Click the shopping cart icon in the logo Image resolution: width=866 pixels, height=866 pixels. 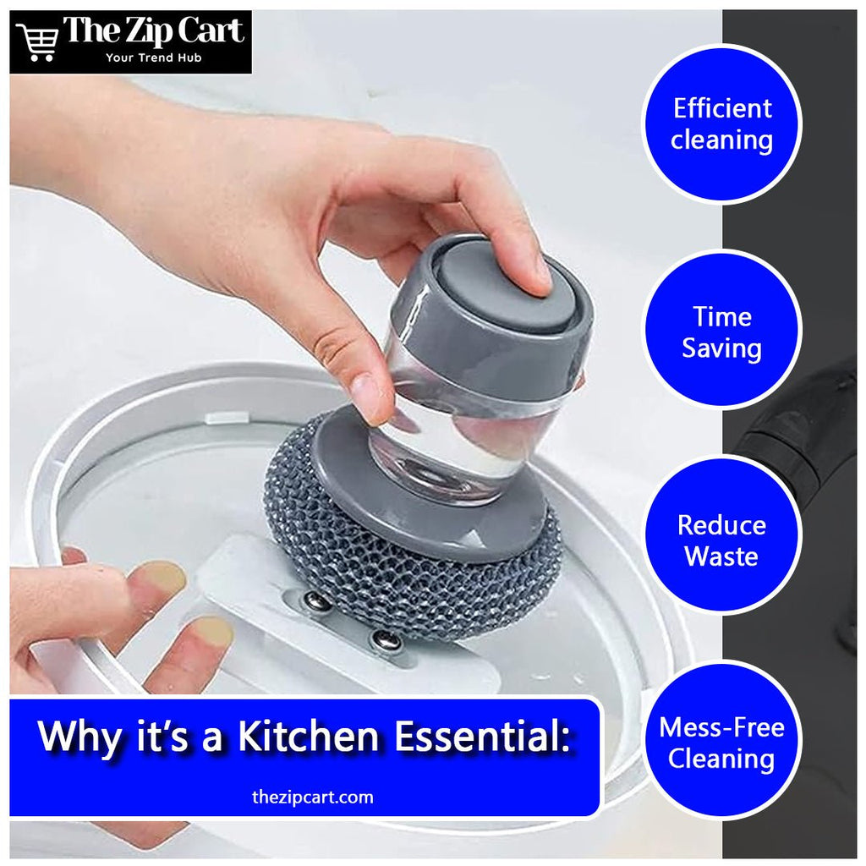click(37, 41)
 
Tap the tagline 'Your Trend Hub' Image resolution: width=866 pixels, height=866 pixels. click(154, 58)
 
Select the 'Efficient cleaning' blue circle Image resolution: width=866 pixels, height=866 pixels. click(722, 124)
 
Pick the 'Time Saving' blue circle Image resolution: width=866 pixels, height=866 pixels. click(722, 332)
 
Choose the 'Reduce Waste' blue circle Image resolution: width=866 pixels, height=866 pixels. click(722, 535)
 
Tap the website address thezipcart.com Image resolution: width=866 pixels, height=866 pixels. click(313, 797)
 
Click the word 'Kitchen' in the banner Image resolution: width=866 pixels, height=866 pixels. click(308, 737)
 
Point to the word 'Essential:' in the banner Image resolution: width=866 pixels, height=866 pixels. click(482, 737)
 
